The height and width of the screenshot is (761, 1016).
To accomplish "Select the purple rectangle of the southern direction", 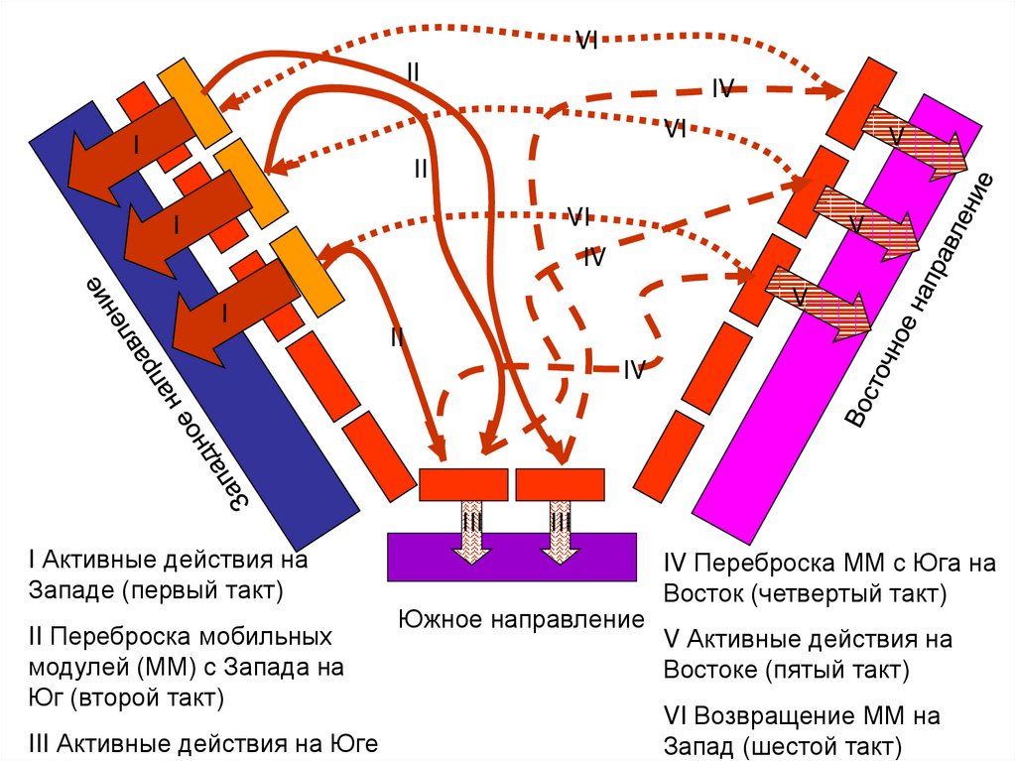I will pyautogui.click(x=511, y=557).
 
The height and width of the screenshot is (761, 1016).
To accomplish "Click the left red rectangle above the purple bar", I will pyautogui.click(x=463, y=484).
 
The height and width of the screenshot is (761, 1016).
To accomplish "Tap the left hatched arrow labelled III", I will pyautogui.click(x=472, y=532).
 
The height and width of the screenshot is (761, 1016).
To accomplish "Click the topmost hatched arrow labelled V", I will pyautogui.click(x=911, y=142).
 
